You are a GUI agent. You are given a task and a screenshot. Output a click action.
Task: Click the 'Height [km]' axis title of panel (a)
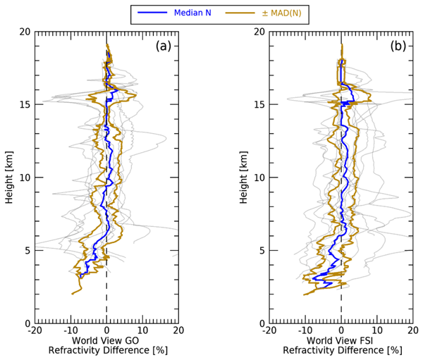click(9, 177)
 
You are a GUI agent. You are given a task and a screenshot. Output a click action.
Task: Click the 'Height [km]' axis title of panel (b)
click(244, 177)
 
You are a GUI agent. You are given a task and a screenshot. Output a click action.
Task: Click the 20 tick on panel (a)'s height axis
click(25, 32)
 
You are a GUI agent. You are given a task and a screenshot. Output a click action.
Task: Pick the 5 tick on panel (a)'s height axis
click(27, 251)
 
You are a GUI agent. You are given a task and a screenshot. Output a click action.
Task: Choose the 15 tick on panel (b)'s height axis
click(259, 105)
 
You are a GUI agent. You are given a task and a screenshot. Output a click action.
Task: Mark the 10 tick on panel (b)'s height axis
click(259, 178)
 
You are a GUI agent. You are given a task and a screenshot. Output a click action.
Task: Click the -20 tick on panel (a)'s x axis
click(33, 330)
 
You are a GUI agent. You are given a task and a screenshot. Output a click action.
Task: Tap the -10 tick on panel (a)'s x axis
click(69, 330)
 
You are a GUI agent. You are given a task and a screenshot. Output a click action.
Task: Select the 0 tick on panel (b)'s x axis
click(341, 330)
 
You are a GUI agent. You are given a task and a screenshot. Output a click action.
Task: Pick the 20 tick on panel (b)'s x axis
click(412, 330)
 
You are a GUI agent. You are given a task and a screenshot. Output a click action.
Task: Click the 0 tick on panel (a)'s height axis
click(27, 323)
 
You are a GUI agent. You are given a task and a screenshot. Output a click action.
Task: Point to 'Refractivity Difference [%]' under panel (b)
click(341, 350)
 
